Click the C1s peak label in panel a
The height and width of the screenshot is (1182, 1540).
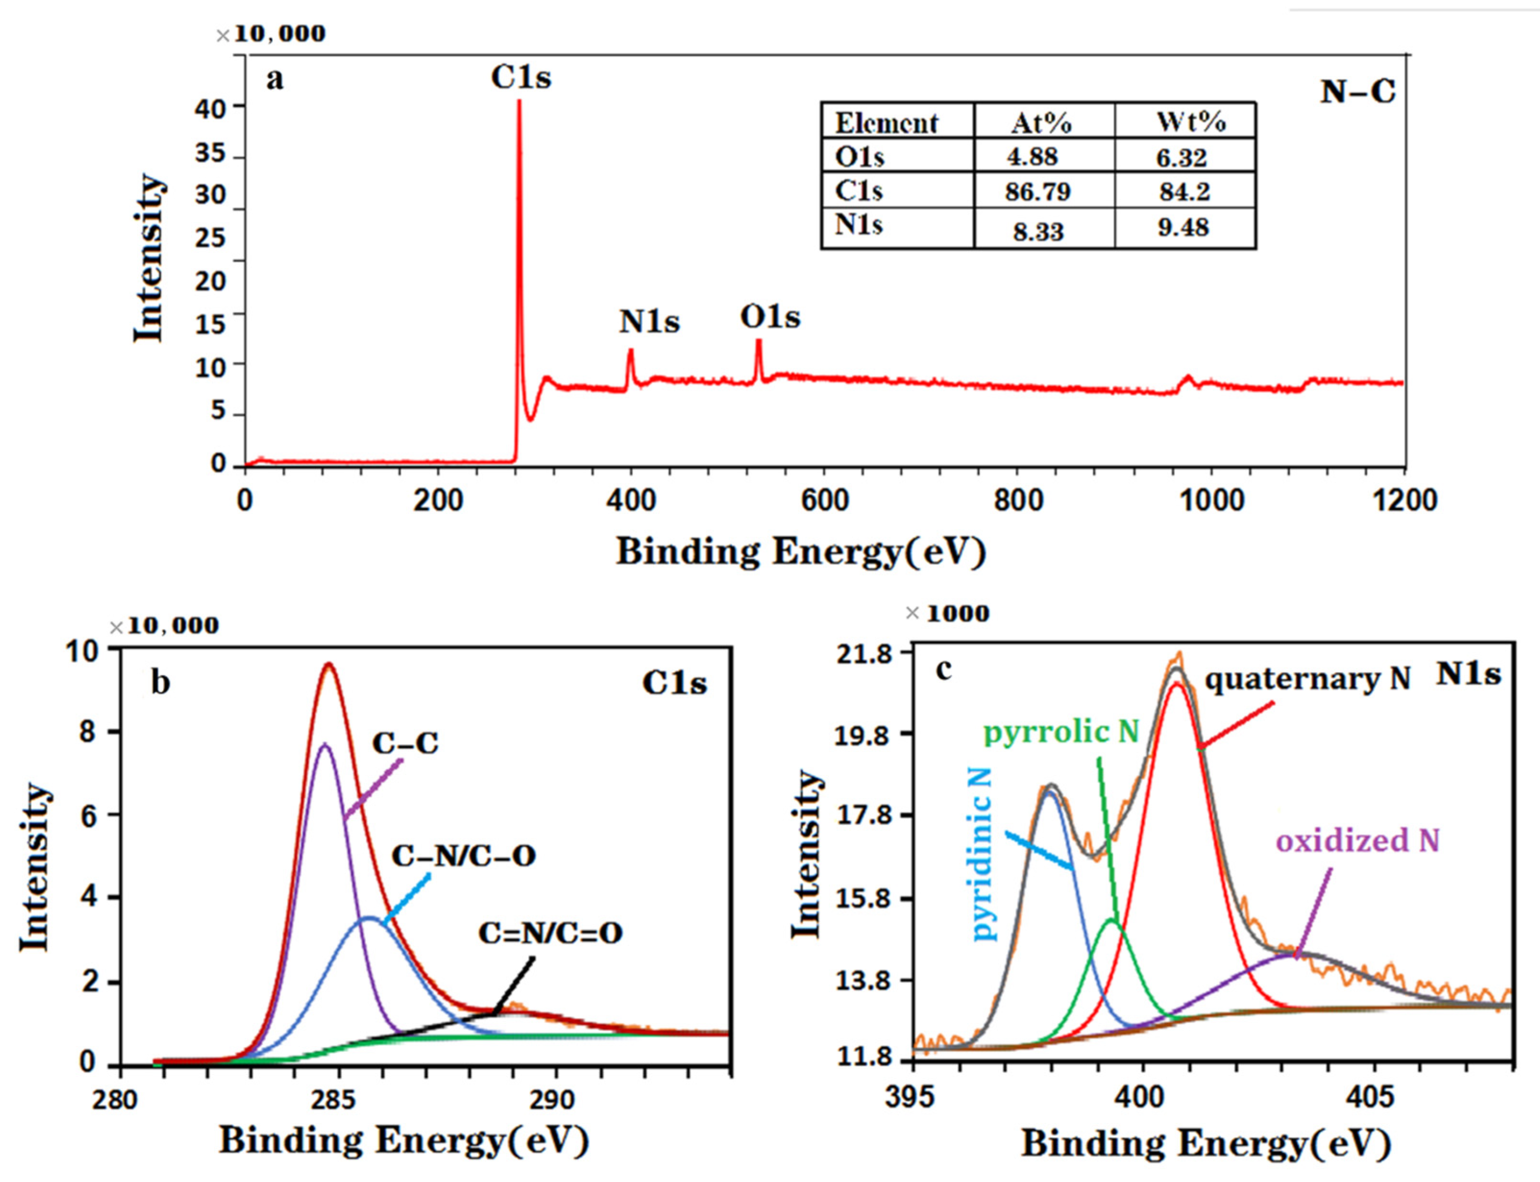[521, 77]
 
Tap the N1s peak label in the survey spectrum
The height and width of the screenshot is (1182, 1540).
[649, 322]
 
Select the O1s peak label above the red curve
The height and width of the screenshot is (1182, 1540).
[770, 317]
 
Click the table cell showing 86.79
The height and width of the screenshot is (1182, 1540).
[1038, 192]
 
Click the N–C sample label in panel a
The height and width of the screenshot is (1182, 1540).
[1357, 92]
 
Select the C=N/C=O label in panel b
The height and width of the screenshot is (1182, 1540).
[550, 934]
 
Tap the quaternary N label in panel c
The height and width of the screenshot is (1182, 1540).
[1308, 679]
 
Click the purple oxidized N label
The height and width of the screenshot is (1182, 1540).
[1357, 841]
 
